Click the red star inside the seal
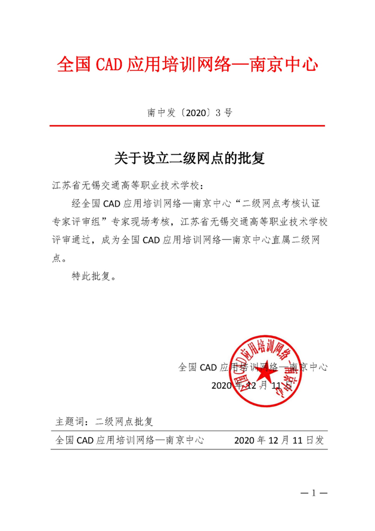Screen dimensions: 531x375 tap(264, 371)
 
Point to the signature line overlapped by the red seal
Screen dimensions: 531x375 tap(253, 367)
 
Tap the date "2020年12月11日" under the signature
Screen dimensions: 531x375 tap(251, 385)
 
